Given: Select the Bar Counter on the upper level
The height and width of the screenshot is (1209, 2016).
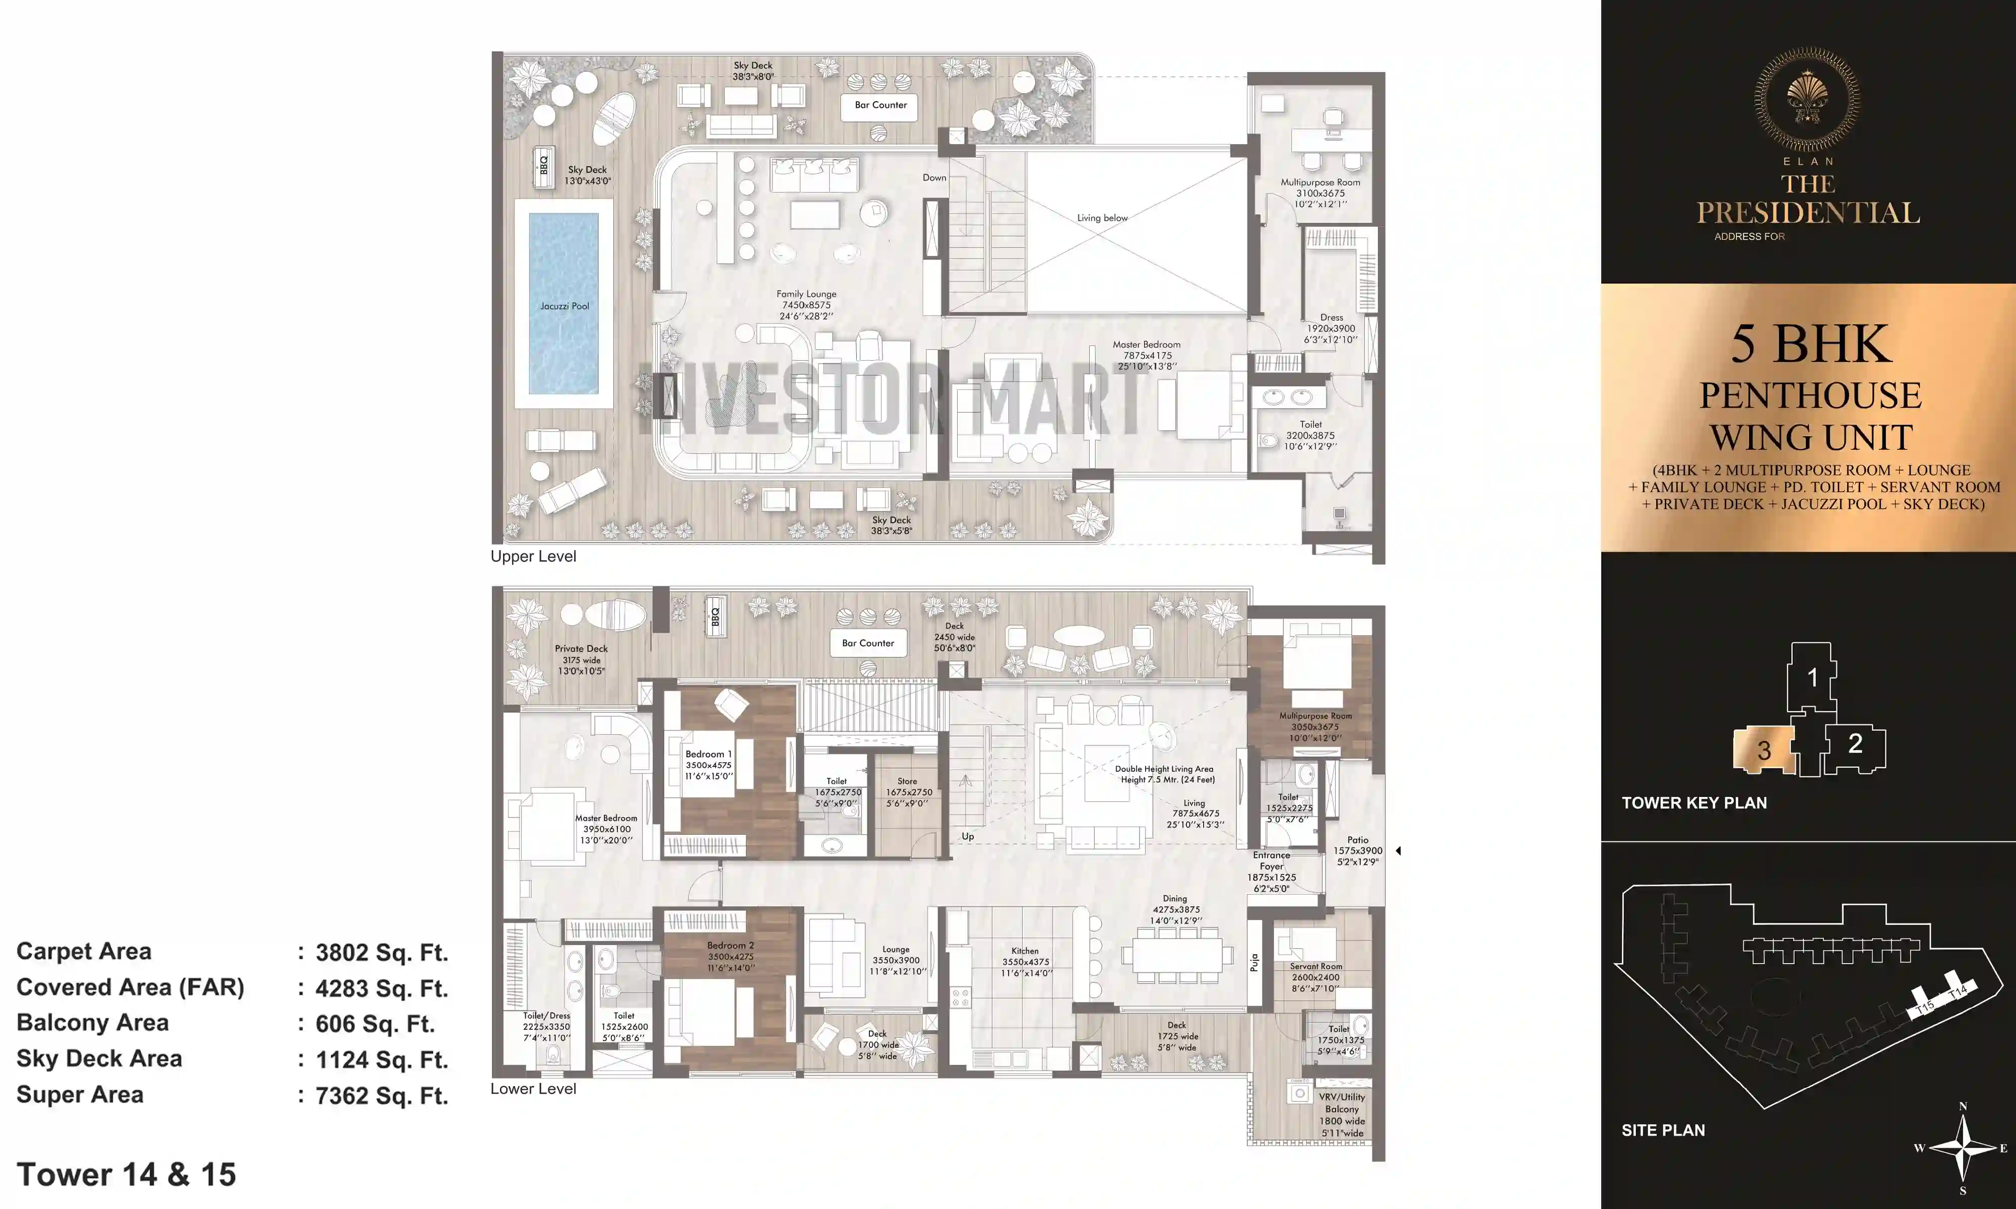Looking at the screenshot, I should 880,105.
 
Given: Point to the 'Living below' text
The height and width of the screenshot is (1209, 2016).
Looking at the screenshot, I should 1102,218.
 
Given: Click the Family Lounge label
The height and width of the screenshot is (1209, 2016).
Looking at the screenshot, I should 806,294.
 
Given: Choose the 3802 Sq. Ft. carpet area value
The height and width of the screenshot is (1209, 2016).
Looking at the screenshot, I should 382,953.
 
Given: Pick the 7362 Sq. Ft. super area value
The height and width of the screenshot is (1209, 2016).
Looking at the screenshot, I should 382,1096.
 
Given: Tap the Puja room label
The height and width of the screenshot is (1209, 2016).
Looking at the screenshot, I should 1254,962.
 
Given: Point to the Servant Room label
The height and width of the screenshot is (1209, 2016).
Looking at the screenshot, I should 1315,966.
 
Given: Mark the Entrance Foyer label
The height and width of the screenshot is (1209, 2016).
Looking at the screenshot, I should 1271,860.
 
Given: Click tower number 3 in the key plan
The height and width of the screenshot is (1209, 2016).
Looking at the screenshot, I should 1763,750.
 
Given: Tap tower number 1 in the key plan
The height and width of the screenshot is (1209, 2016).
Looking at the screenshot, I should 1812,677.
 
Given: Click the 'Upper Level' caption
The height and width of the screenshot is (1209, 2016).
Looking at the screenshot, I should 533,557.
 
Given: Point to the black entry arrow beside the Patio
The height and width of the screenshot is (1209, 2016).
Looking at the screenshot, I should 1398,850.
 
